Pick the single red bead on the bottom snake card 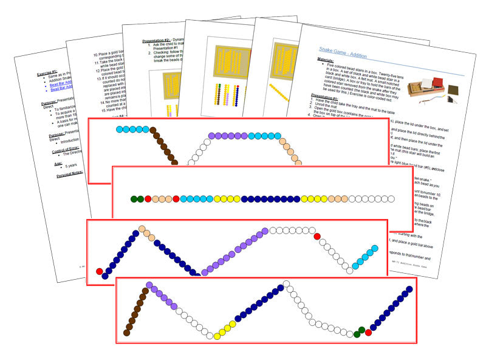[368, 332]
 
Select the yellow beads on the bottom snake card [226, 329]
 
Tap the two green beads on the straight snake [137, 198]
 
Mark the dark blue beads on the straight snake [270, 198]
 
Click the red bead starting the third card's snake [100, 271]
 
